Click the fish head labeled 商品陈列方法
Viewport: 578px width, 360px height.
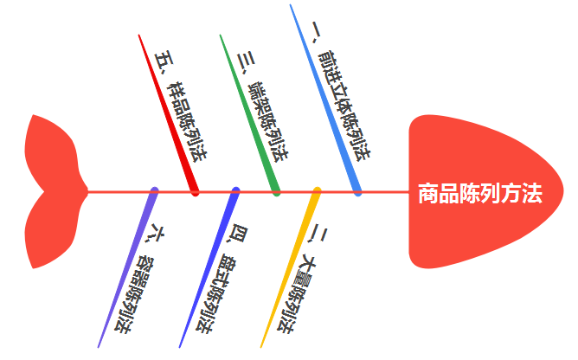pyautogui.click(x=485, y=192)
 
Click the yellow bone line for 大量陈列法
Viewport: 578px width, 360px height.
pyautogui.click(x=291, y=268)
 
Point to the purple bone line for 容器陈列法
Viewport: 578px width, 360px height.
pyautogui.click(x=128, y=268)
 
